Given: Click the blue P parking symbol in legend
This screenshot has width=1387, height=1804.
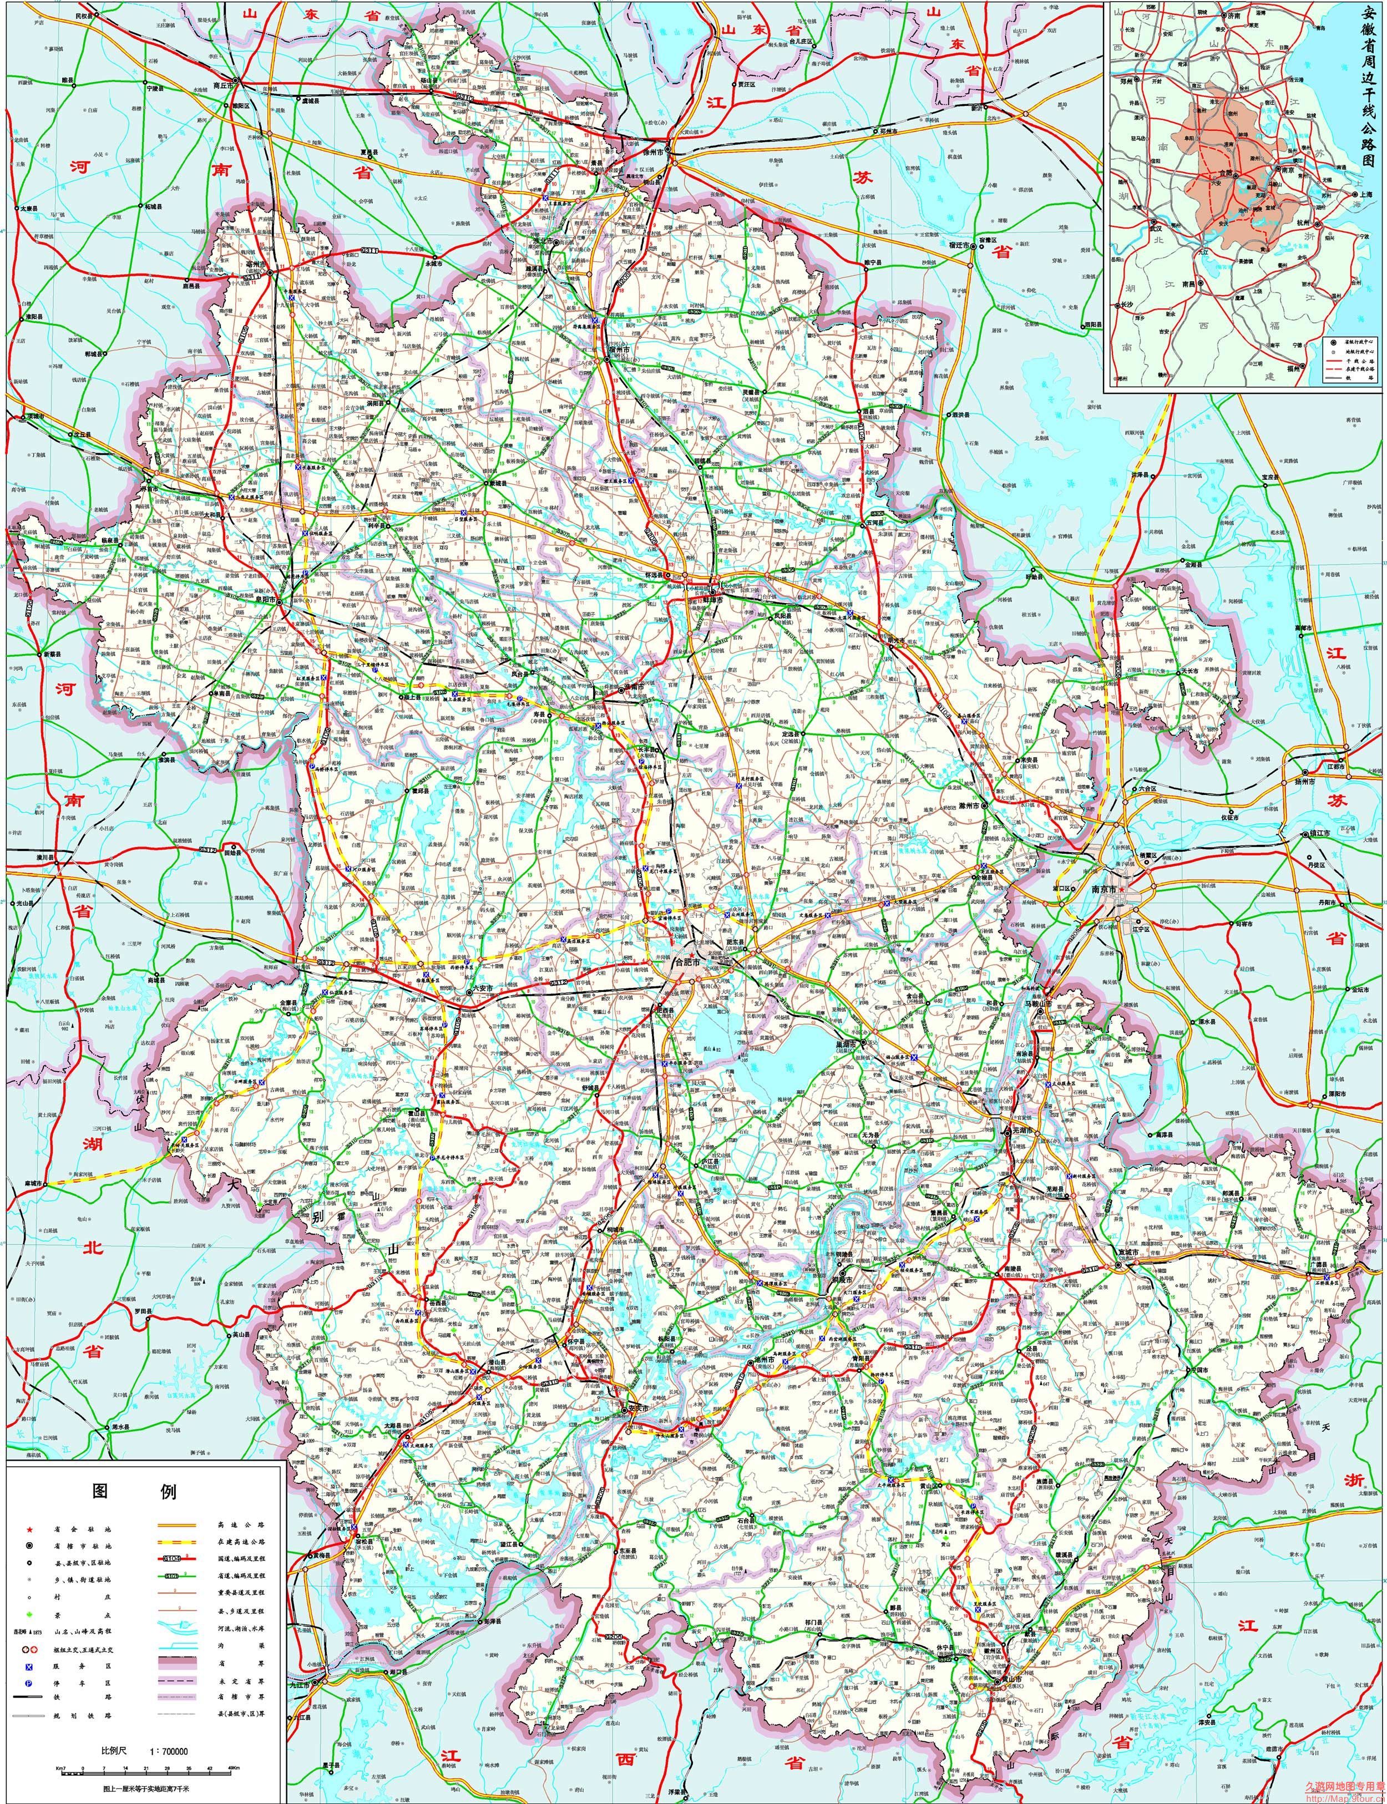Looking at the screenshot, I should tap(29, 1684).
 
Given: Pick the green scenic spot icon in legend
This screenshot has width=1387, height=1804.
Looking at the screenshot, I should tap(30, 1615).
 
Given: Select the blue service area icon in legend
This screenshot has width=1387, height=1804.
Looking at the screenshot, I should tap(29, 1667).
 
